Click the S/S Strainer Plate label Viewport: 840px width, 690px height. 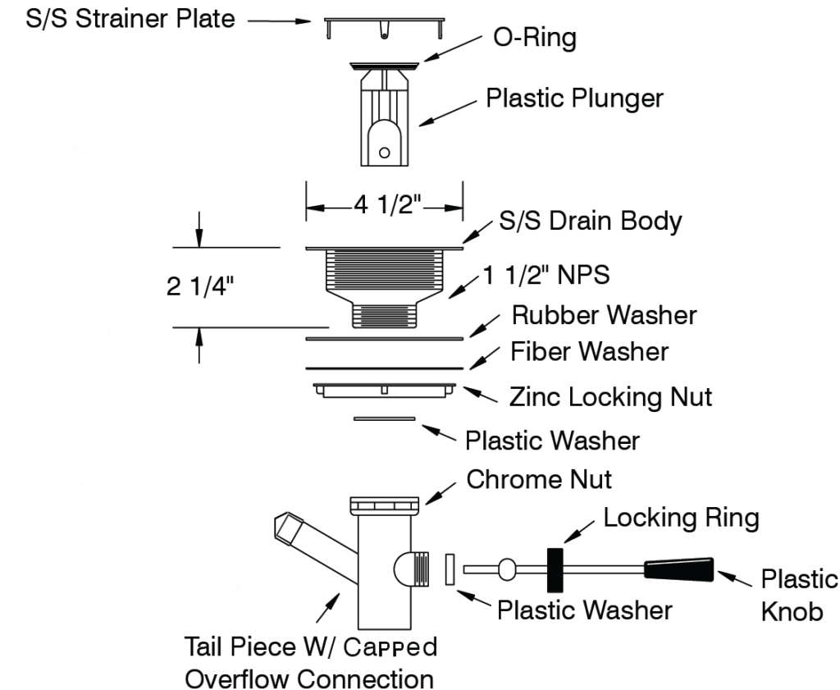click(118, 18)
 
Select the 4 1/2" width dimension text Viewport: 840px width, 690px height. click(385, 206)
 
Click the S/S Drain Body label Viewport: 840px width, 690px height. click(591, 221)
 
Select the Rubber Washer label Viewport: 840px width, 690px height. click(605, 314)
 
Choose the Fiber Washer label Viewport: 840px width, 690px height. click(589, 352)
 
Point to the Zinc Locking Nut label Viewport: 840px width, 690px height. click(610, 397)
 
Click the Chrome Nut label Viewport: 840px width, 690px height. click(539, 478)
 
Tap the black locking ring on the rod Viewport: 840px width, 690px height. click(555, 569)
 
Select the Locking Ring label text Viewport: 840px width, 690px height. click(681, 518)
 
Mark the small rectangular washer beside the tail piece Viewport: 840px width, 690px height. click(449, 569)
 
